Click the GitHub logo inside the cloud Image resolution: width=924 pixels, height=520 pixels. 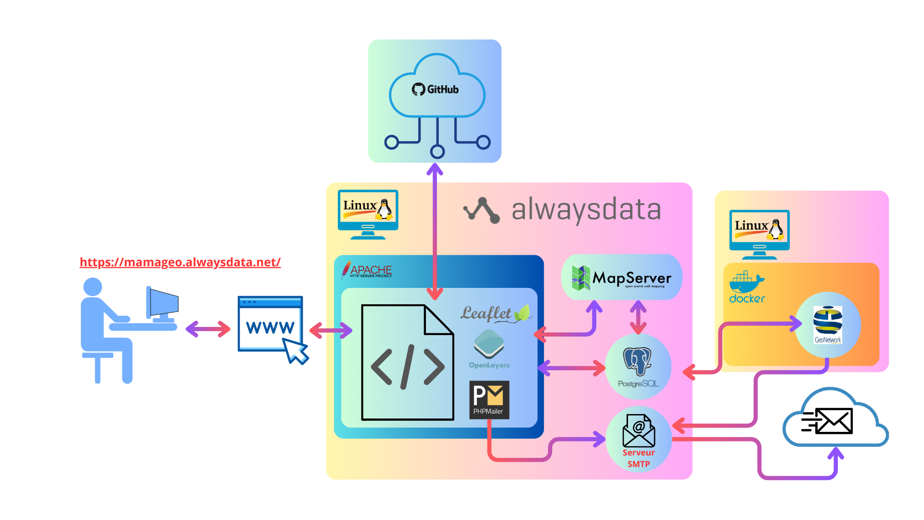436,90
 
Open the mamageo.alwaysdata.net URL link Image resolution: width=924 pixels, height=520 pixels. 180,262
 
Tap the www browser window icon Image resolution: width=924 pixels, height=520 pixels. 270,324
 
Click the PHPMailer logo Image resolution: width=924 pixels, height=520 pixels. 489,400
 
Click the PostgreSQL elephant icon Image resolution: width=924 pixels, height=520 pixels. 637,361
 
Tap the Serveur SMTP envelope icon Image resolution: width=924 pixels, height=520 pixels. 638,431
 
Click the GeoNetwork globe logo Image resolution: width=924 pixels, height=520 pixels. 827,324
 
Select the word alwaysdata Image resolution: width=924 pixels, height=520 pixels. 586,210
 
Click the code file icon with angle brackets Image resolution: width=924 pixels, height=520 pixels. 407,362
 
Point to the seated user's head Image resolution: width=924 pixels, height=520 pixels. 92,287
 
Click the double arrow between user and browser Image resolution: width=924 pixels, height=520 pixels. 208,329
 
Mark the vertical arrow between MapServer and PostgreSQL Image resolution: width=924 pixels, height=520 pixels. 638,317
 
